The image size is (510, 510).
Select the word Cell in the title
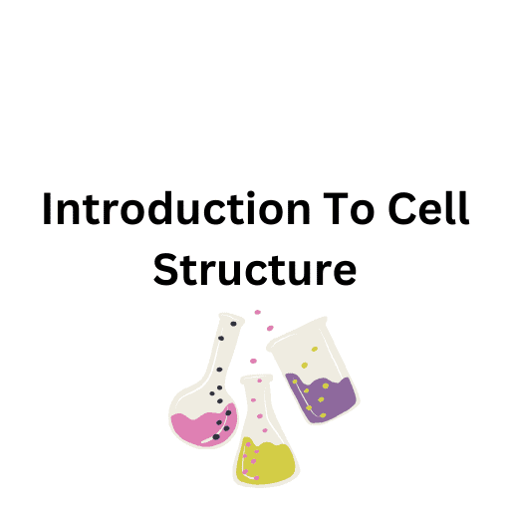428,211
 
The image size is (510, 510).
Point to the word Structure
255,269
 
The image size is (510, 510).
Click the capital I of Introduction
48,211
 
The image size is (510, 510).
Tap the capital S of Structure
165,269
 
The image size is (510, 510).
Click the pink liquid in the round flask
199,427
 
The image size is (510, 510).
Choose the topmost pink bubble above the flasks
258,312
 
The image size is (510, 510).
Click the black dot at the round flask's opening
234,324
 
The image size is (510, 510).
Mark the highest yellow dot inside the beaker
316,350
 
